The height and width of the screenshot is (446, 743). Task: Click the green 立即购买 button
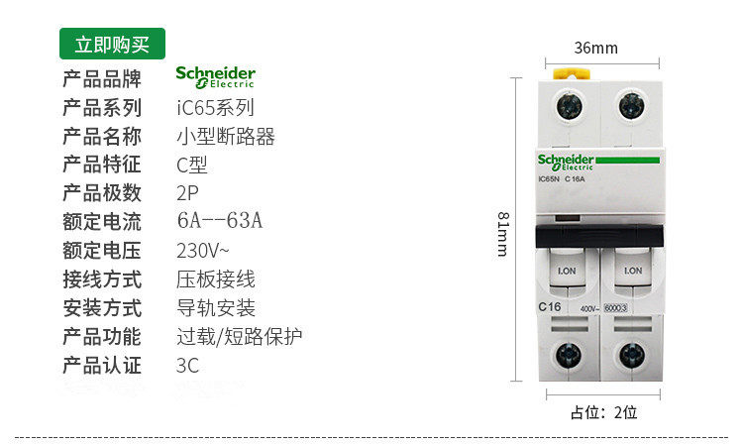[x=112, y=44]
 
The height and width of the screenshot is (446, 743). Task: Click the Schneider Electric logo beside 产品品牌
[x=215, y=77]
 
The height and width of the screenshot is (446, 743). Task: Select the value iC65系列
[x=215, y=107]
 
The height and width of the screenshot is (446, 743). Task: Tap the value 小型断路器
[x=225, y=136]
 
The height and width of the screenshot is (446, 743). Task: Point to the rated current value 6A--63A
[x=219, y=220]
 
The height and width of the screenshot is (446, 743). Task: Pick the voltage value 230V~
[x=204, y=249]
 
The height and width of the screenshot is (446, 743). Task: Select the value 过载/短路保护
[x=239, y=336]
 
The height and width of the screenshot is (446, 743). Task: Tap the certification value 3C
[x=187, y=365]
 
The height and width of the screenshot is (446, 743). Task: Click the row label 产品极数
[x=102, y=192]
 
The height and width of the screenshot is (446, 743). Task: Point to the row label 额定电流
[x=102, y=221]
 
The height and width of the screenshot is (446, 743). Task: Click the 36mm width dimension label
[x=595, y=48]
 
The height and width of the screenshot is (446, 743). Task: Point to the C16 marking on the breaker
[x=550, y=307]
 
